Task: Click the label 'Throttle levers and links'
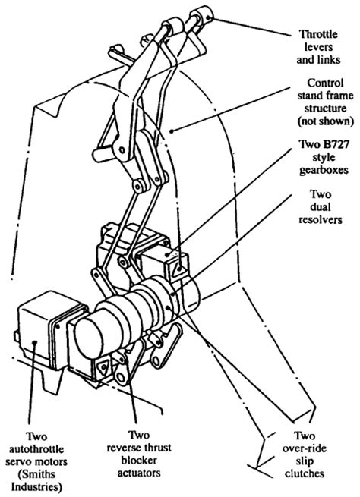pyautogui.click(x=318, y=47)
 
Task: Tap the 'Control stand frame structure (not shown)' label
pyautogui.click(x=325, y=102)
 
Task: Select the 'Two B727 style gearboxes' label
pyautogui.click(x=324, y=157)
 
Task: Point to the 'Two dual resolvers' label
pyautogui.click(x=321, y=207)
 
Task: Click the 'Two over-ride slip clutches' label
pyautogui.click(x=305, y=455)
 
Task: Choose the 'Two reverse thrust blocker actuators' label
pyautogui.click(x=139, y=454)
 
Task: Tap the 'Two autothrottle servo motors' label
pyautogui.click(x=36, y=461)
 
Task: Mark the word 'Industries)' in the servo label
pyautogui.click(x=36, y=486)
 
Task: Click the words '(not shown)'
pyautogui.click(x=325, y=121)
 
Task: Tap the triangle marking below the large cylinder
pyautogui.click(x=103, y=367)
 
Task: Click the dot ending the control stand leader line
pyautogui.click(x=171, y=131)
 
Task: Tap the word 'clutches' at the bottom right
pyautogui.click(x=305, y=473)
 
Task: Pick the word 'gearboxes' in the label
pyautogui.click(x=324, y=170)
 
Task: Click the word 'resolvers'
pyautogui.click(x=321, y=219)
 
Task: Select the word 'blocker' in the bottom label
pyautogui.click(x=139, y=461)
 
